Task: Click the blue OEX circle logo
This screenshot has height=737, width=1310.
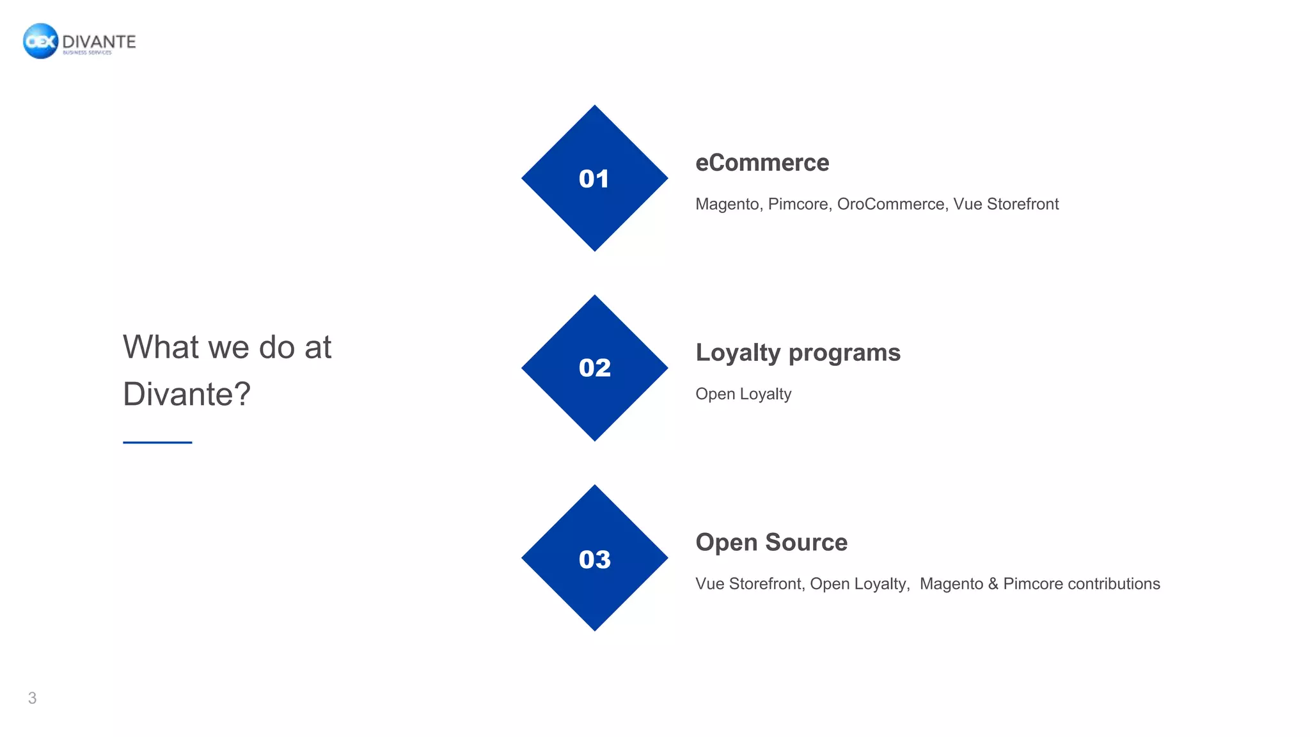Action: pyautogui.click(x=40, y=41)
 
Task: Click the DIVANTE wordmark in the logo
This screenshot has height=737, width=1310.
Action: pyautogui.click(x=99, y=42)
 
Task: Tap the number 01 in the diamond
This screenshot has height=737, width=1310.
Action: pyautogui.click(x=594, y=178)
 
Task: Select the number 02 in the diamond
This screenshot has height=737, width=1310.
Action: pyautogui.click(x=594, y=368)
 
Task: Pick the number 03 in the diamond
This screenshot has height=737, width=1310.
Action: pyautogui.click(x=594, y=559)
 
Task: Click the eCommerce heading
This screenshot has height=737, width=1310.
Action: pyautogui.click(x=762, y=162)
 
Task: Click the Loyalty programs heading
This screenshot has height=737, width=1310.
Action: pyautogui.click(x=798, y=353)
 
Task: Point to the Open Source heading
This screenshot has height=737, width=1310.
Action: pyautogui.click(x=771, y=543)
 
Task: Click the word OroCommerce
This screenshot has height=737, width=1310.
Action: pyautogui.click(x=890, y=204)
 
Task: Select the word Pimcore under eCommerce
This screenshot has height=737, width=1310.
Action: pyautogui.click(x=798, y=204)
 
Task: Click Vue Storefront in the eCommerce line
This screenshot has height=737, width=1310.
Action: pyautogui.click(x=1006, y=204)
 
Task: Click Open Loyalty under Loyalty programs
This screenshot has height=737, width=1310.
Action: pyautogui.click(x=743, y=394)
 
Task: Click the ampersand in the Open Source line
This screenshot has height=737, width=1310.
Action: pyautogui.click(x=993, y=583)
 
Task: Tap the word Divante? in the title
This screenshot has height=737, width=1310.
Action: pyautogui.click(x=186, y=394)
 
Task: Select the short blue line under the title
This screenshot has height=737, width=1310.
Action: pyautogui.click(x=157, y=442)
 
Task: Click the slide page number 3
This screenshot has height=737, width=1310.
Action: pyautogui.click(x=32, y=698)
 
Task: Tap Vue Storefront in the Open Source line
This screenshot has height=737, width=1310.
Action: pyautogui.click(x=749, y=583)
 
